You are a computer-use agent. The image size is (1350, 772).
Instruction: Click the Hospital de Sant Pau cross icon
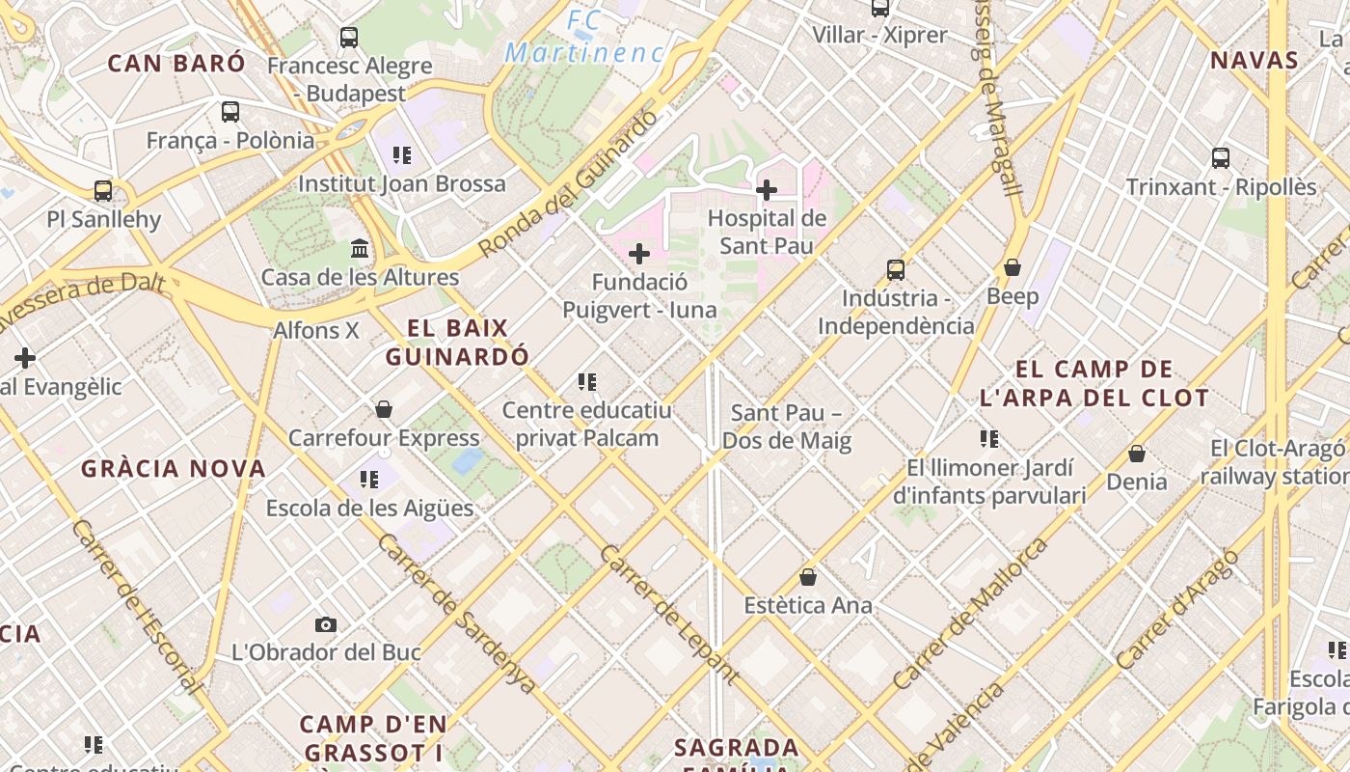(x=767, y=190)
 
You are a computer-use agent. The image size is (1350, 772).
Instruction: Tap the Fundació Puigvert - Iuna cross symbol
(x=639, y=254)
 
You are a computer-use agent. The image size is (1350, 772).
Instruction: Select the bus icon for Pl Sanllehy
(x=103, y=191)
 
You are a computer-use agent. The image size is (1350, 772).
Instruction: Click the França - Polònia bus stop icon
(x=230, y=112)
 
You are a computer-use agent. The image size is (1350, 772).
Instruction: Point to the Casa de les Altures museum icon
(x=361, y=249)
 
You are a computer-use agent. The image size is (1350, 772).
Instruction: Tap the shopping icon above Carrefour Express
(x=384, y=409)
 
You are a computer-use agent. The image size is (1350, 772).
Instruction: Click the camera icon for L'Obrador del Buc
(x=326, y=624)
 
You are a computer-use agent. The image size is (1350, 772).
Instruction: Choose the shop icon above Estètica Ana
(x=808, y=577)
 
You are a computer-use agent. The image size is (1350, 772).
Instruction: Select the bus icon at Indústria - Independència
(x=896, y=270)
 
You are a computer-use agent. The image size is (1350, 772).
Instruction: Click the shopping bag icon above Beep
(x=1012, y=267)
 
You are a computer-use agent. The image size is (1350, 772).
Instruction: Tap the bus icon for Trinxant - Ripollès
(x=1221, y=158)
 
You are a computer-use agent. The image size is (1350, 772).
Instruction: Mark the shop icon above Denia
(x=1137, y=453)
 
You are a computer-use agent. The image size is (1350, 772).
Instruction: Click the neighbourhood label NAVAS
(x=1255, y=61)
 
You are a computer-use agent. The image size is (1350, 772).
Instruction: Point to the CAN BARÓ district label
(x=176, y=64)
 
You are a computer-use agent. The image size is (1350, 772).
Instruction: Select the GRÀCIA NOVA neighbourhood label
(x=174, y=469)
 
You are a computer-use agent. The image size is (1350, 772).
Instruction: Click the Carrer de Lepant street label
(x=668, y=615)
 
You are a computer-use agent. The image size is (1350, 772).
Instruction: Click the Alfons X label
(x=316, y=330)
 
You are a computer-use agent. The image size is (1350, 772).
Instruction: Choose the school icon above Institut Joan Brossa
(x=402, y=155)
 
